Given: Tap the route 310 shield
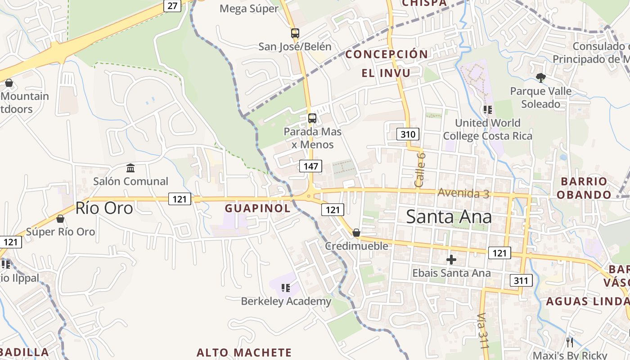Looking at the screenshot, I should pos(408,134).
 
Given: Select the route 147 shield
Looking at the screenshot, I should pos(310,166).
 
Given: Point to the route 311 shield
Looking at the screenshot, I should pos(521,281).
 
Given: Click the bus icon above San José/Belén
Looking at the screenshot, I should pos(295,33).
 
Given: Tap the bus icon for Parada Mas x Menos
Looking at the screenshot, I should pos(312,118).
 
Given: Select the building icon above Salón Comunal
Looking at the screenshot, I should pos(130,168).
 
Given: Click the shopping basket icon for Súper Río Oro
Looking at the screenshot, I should pos(60,219).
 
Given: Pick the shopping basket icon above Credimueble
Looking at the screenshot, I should pos(356,233).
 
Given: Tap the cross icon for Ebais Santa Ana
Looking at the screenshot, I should pos(451,260).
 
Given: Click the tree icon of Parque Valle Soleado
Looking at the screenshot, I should pos(540,78).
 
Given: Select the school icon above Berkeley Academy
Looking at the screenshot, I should pos(285,288).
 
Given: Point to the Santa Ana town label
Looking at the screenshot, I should pos(449,217).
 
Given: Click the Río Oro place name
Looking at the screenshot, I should pos(104,208).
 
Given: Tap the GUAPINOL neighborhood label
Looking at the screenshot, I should pos(258,208).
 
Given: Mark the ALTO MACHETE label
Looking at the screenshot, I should pos(244,352).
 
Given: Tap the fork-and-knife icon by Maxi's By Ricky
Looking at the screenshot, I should pos(570,342).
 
